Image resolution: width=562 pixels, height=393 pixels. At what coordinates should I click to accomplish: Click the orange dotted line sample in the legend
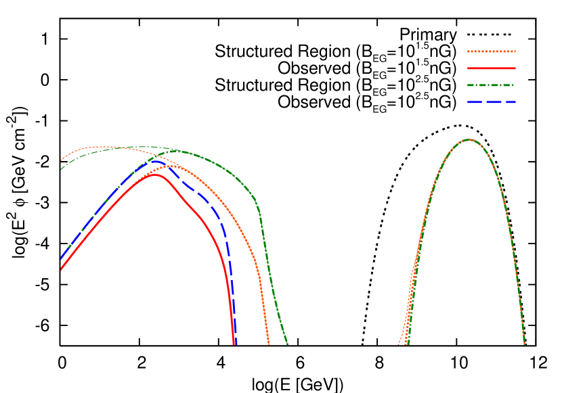click(x=491, y=51)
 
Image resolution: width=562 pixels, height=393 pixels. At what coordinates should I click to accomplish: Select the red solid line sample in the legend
click(x=491, y=68)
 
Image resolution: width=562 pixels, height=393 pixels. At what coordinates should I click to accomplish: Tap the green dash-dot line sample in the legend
click(x=491, y=85)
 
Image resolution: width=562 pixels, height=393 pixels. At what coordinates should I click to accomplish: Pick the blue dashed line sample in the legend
click(x=491, y=102)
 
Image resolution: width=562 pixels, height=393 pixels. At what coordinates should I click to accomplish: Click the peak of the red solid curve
click(x=156, y=175)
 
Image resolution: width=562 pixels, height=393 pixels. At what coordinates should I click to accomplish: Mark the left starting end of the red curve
click(x=62, y=270)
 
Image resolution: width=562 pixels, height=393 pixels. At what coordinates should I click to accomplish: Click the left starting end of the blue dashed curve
click(x=62, y=258)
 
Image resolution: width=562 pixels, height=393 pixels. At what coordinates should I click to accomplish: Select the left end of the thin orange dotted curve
click(x=62, y=160)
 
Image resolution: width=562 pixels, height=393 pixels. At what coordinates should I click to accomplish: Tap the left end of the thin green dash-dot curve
click(x=62, y=168)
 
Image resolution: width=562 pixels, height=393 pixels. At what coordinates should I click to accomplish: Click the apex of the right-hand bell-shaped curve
click(x=469, y=139)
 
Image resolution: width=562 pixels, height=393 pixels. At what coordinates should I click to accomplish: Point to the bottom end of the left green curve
click(x=287, y=344)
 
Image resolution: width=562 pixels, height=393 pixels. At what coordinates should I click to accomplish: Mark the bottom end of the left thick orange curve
click(x=269, y=344)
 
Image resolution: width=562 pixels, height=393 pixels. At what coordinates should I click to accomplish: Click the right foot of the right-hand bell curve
click(x=525, y=344)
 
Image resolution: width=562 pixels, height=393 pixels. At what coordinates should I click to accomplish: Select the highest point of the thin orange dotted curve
click(x=102, y=146)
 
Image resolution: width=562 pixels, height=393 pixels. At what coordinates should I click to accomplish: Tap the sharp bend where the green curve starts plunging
click(x=259, y=211)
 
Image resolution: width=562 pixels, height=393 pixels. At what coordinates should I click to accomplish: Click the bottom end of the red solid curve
click(x=234, y=344)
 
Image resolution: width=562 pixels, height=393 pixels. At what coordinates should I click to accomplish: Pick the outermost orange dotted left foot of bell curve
click(x=399, y=344)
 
